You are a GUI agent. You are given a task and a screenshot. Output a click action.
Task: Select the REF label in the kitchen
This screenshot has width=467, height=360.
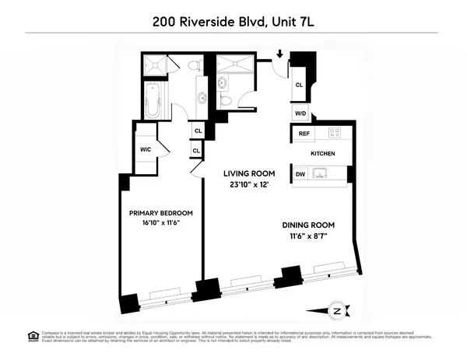304,134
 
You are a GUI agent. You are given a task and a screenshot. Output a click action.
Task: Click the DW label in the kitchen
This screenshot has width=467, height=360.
300,175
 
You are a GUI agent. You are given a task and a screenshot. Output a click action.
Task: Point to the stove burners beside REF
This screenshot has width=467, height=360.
334,133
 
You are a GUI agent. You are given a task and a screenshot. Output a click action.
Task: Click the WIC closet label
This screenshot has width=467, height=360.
146,149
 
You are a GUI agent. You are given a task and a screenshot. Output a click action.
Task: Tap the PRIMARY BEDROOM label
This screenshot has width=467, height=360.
160,213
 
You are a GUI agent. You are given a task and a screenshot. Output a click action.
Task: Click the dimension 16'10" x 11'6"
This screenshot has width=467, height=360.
160,224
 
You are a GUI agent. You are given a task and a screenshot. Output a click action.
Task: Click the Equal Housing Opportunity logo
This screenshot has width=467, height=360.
33,336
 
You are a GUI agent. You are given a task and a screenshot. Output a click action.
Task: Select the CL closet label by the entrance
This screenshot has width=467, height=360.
299,86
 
